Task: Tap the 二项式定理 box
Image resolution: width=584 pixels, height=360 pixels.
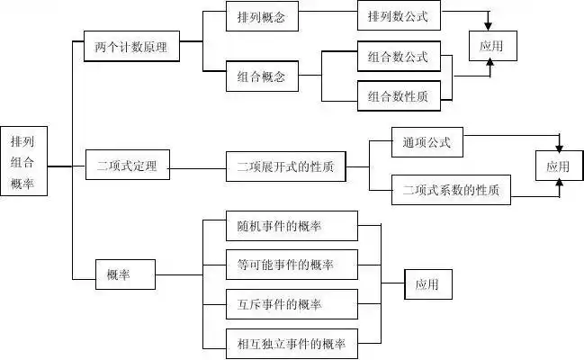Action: (x=132, y=166)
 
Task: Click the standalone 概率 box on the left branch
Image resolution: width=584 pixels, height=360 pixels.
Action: (x=125, y=274)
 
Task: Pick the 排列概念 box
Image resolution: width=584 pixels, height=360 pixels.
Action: (x=262, y=17)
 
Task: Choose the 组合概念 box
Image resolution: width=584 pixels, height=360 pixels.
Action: (x=262, y=77)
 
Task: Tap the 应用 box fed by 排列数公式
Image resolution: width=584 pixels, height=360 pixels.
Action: (x=492, y=45)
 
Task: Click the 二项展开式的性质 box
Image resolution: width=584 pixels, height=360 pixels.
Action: (x=285, y=166)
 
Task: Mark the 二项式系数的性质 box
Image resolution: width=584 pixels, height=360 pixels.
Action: (x=451, y=190)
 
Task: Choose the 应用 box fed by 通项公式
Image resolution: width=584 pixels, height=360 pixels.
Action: (x=558, y=166)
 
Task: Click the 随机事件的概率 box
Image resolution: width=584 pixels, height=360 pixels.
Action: (x=292, y=225)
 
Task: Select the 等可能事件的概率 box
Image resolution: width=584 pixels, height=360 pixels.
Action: (x=292, y=265)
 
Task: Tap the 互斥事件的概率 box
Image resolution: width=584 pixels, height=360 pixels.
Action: (x=292, y=304)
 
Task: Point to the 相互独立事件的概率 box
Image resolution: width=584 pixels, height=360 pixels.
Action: (x=292, y=344)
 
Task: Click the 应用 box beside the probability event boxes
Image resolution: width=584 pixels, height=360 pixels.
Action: (x=427, y=284)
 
